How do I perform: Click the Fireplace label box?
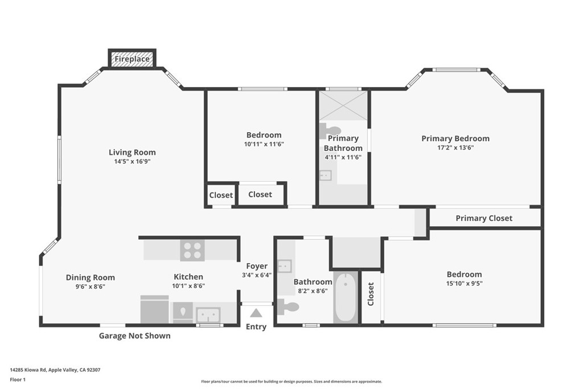coord(132,59)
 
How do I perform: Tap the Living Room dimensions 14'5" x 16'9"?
coord(132,161)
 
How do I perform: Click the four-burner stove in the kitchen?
coord(192,250)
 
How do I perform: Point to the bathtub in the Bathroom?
coord(346,297)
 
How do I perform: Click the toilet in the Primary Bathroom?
coord(330,131)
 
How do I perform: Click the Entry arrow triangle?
coord(256,313)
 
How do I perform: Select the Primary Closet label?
coord(484,218)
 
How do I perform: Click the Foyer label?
coord(257,266)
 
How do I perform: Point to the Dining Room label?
coord(91,277)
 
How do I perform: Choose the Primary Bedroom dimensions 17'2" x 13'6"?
coord(455,148)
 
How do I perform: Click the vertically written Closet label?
coord(371,294)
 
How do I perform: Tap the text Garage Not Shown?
coord(134,336)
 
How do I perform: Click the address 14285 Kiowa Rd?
coord(28,370)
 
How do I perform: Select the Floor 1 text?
coord(18,380)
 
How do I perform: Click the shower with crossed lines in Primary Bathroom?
coord(343,105)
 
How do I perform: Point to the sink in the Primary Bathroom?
coord(325,175)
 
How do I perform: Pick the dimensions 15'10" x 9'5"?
coord(465,284)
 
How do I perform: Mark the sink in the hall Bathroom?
coord(285,266)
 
